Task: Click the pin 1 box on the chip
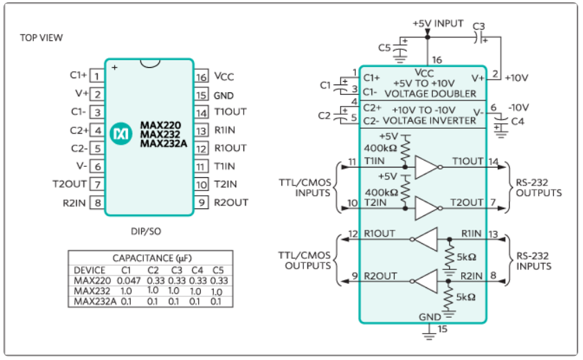coord(97,76)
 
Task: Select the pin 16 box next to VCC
coord(201,77)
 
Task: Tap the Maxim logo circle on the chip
coord(121,134)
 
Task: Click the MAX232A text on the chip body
coord(163,143)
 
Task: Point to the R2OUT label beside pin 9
coord(231,203)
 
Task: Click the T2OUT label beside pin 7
coord(69,184)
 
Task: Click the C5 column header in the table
coord(218,270)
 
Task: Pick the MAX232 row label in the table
coord(92,291)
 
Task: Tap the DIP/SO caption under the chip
coord(145,231)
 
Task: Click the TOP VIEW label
coord(42,37)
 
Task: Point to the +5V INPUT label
coord(438,24)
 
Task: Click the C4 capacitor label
coord(517,121)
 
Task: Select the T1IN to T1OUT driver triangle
coord(427,168)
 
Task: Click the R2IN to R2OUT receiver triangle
coord(426,282)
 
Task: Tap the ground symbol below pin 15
coord(429,334)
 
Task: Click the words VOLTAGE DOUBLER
coord(430,93)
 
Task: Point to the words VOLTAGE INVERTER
coord(429,121)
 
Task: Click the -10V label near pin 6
coord(519,107)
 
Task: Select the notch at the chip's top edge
coord(150,63)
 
